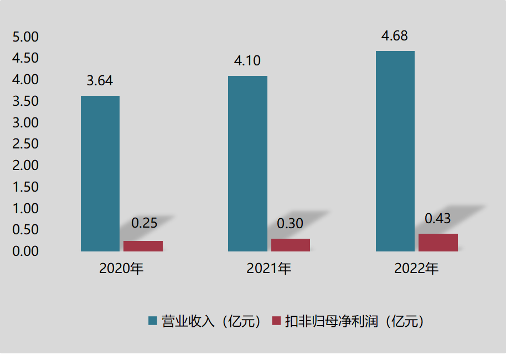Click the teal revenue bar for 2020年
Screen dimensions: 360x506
(x=100, y=173)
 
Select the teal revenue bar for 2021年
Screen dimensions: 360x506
(x=247, y=163)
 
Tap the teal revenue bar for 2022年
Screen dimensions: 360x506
(x=395, y=151)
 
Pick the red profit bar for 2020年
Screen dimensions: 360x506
(x=143, y=246)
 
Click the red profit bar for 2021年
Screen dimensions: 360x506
(x=291, y=245)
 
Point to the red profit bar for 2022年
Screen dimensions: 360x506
(x=438, y=242)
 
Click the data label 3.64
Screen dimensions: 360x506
(x=100, y=81)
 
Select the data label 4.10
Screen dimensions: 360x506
(x=247, y=61)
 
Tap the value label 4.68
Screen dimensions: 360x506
(x=395, y=37)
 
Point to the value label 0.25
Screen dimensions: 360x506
(x=144, y=223)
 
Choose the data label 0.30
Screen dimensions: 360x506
(x=290, y=223)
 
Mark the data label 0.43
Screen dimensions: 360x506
(x=438, y=218)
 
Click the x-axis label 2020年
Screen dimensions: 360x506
(x=121, y=269)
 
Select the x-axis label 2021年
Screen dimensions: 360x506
(x=269, y=269)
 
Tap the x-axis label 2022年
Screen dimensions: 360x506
(x=416, y=269)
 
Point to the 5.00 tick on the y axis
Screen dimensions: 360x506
(x=25, y=37)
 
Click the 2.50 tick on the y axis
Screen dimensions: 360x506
(x=25, y=144)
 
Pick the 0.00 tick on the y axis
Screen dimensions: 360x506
(x=25, y=251)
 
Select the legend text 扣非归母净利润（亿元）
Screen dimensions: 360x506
(x=354, y=321)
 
